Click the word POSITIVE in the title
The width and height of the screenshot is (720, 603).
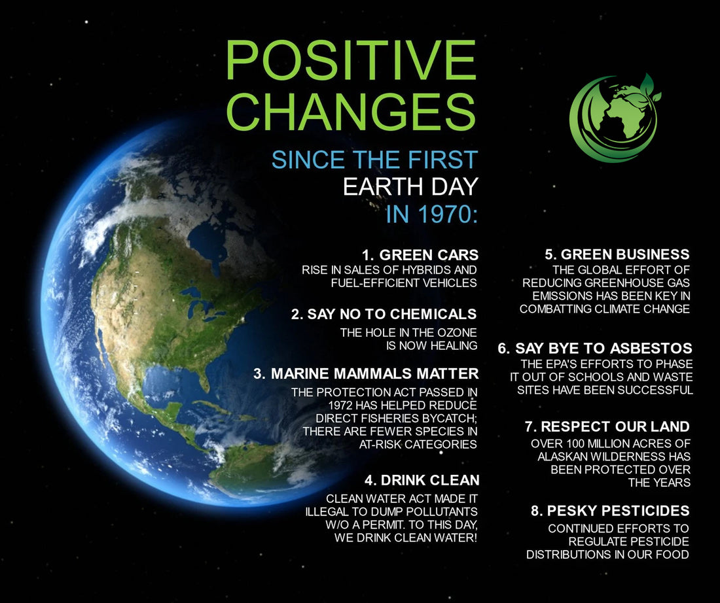[x=351, y=60]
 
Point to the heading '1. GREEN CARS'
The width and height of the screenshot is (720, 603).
[x=420, y=254]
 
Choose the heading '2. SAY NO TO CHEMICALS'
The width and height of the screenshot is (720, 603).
[x=384, y=314]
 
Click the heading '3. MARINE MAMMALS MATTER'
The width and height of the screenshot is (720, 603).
[x=366, y=374]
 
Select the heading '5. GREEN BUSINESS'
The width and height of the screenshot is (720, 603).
[x=617, y=254]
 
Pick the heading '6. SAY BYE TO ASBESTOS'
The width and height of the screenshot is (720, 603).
[x=595, y=348]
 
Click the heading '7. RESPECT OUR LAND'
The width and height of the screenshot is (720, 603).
[x=607, y=427]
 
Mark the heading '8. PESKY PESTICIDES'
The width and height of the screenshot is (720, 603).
[x=610, y=510]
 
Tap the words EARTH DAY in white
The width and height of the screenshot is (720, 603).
[x=410, y=187]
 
